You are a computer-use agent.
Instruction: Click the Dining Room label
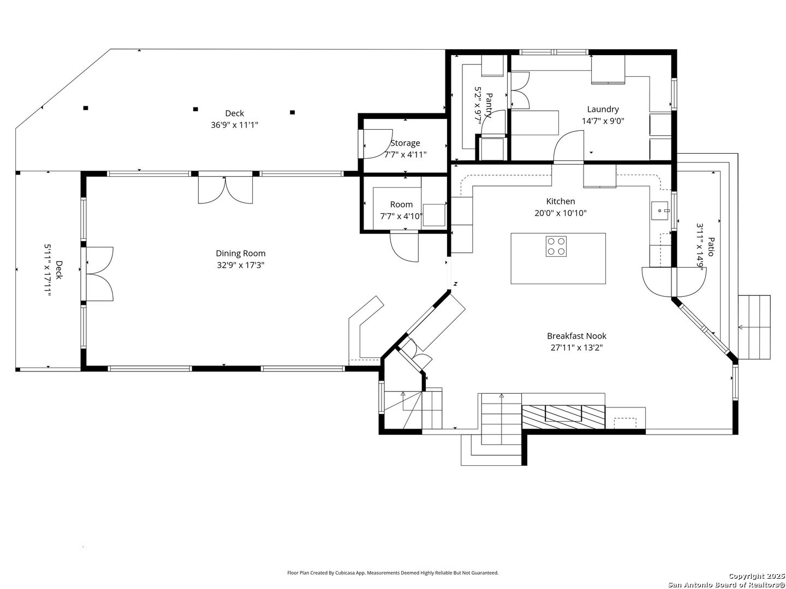240,253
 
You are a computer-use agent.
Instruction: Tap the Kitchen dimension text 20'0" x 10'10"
561,213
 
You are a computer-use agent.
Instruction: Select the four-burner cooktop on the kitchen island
556,247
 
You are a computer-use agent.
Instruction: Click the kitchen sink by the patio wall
660,211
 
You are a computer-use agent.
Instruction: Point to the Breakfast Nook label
576,336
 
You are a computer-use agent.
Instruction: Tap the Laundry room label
603,109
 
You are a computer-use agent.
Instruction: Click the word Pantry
489,105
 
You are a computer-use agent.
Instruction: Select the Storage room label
405,143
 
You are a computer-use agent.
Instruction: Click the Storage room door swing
378,144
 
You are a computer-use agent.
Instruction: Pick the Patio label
711,247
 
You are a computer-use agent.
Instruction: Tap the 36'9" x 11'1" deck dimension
234,125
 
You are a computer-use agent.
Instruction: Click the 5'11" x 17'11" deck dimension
47,270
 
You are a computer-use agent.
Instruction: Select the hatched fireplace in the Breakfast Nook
563,417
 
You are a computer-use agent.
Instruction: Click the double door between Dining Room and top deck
225,190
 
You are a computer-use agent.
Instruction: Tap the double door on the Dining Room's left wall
99,274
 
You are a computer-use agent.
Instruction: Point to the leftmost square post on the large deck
86,108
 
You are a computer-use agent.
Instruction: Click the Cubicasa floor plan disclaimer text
392,553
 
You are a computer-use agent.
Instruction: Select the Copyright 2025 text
757,576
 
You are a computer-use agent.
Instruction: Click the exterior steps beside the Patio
754,327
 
